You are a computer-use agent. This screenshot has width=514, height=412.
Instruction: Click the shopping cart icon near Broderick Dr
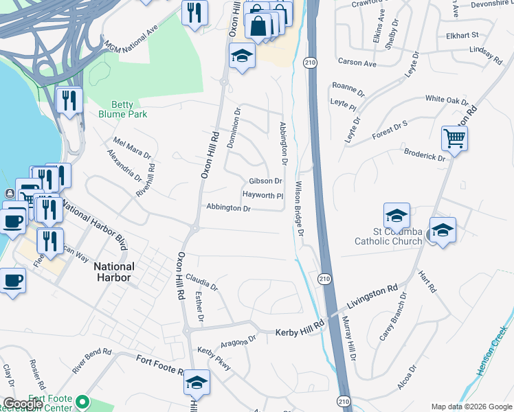pyautogui.click(x=455, y=139)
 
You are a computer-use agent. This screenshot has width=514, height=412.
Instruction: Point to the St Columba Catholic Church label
pyautogui.click(x=387, y=236)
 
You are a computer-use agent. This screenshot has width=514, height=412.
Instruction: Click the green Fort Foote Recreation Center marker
pyautogui.click(x=83, y=400)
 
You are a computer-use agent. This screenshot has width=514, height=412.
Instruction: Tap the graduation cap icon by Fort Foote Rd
pyautogui.click(x=197, y=382)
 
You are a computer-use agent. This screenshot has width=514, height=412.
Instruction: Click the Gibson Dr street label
pyautogui.click(x=265, y=181)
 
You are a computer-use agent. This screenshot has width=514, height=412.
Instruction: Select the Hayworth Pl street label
pyautogui.click(x=262, y=195)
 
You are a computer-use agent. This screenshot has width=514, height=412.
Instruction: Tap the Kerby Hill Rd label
pyautogui.click(x=300, y=332)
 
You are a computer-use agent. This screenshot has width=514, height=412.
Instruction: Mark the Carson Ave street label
pyautogui.click(x=357, y=63)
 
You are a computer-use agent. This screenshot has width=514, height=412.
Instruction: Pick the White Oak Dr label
pyautogui.click(x=447, y=100)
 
